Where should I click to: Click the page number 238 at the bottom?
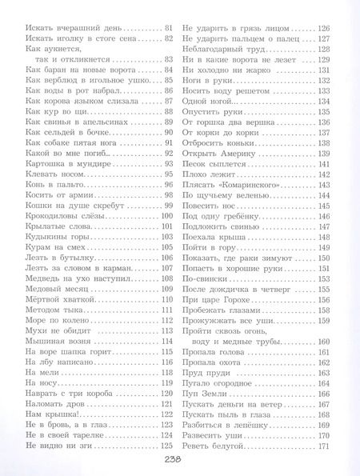tap(179, 461)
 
